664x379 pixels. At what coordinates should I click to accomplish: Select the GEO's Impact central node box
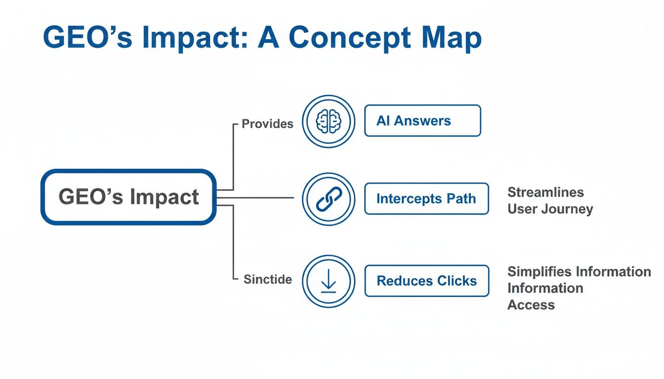128,197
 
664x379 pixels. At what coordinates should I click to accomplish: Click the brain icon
329,121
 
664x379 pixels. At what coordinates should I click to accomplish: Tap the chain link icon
329,199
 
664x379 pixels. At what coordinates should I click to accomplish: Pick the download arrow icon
329,281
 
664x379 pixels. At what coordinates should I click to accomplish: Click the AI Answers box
422,121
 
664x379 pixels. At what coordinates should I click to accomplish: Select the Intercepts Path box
426,199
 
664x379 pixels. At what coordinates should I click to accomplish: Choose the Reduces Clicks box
426,281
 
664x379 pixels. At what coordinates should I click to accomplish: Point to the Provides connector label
267,124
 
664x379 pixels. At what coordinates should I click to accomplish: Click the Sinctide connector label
268,279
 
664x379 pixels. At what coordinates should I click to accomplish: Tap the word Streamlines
545,192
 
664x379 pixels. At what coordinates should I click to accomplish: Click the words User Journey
550,209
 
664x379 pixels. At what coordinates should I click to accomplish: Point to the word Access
531,305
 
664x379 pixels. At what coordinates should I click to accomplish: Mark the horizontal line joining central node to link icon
262,198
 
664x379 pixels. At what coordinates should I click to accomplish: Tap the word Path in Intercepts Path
461,199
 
